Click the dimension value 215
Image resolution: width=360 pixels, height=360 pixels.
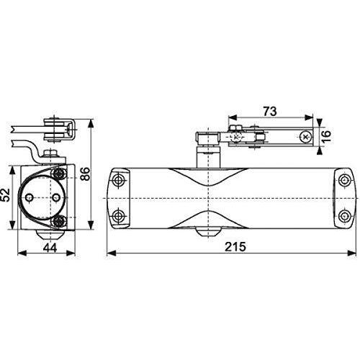click(235, 246)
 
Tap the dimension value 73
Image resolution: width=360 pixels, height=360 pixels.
click(270, 111)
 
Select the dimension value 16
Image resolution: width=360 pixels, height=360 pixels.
click(326, 136)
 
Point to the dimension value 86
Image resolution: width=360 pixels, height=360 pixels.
click(86, 174)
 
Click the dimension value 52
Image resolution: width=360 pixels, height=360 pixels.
click(6, 195)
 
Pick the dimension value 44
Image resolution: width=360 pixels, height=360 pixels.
click(50, 248)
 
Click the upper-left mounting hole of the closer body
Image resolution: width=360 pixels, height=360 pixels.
click(118, 180)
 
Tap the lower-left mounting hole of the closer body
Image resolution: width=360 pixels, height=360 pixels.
click(118, 216)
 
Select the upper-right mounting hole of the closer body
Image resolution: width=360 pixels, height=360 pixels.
click(344, 180)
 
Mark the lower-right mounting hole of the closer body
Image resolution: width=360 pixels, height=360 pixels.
click(344, 216)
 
